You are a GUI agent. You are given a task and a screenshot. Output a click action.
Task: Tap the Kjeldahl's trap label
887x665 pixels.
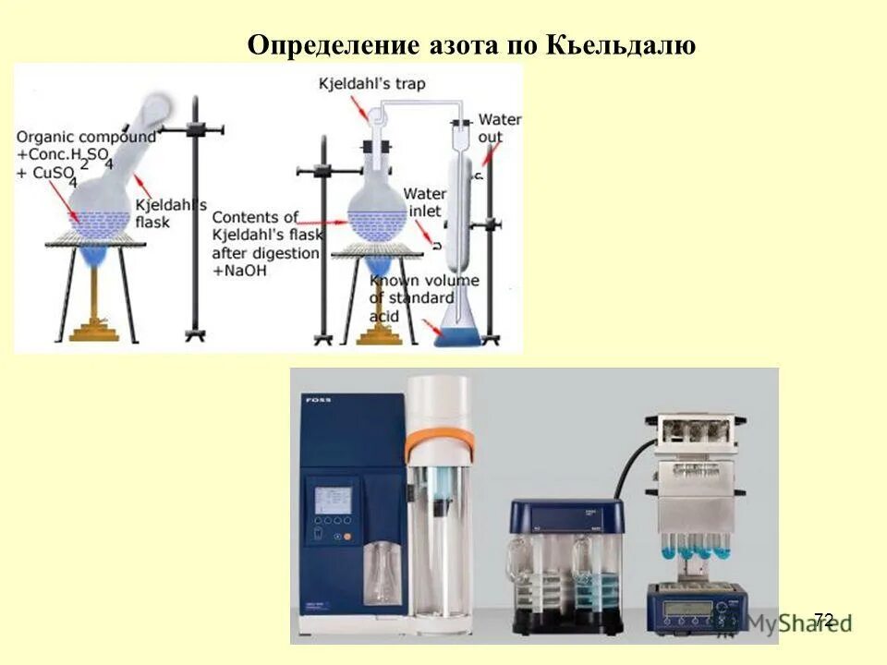tap(373, 84)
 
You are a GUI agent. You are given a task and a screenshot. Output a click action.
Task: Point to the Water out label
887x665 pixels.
tap(499, 128)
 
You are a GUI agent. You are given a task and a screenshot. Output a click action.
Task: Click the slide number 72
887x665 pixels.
tap(823, 620)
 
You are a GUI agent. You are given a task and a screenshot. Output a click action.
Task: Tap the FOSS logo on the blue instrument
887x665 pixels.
tap(311, 401)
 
